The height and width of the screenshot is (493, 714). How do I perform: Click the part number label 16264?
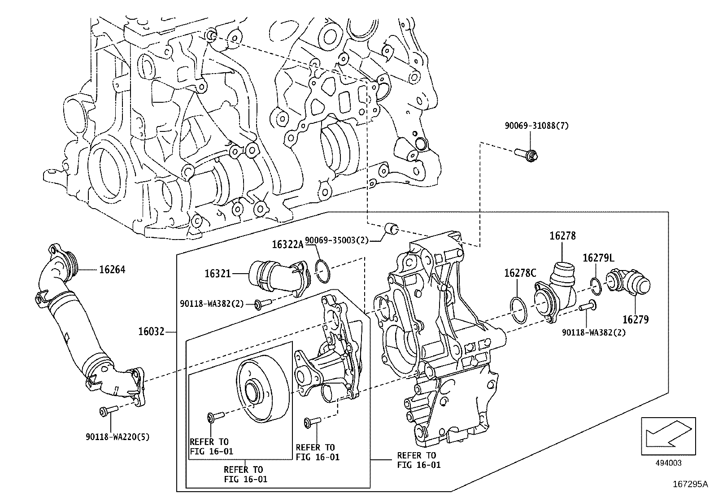112,270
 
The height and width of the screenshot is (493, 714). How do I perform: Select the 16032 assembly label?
152,332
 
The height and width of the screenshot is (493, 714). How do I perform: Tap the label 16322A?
287,244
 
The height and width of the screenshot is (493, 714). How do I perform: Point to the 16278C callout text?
520,273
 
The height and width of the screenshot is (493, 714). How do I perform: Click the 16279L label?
598,258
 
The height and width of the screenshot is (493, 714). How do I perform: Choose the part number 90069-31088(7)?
536,126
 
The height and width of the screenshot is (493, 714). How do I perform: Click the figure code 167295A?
690,484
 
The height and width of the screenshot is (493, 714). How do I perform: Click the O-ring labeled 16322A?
322,270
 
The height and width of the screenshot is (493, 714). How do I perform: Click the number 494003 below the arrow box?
668,463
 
